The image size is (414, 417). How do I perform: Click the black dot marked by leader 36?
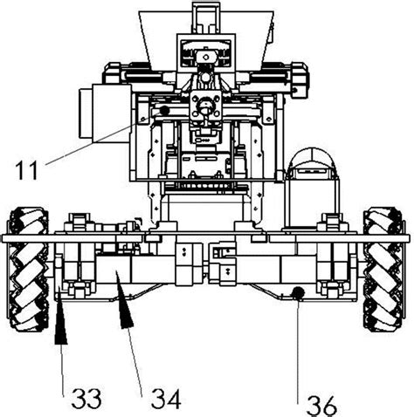298,293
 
